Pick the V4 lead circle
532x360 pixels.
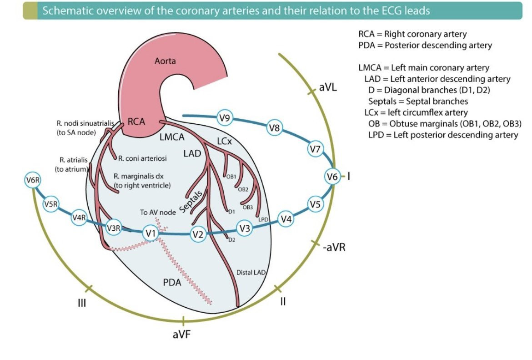286,219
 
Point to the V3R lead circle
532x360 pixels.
113,228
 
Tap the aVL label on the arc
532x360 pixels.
328,87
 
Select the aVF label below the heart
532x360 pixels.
181,335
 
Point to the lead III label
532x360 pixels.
82,303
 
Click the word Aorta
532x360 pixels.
165,61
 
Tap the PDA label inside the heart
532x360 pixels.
172,283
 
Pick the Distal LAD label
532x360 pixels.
251,272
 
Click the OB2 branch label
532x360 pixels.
243,189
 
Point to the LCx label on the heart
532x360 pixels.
225,142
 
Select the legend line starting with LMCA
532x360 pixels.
424,68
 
